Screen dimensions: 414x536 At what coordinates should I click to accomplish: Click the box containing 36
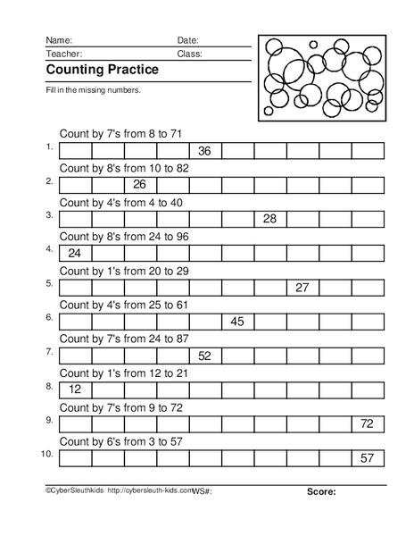(204, 150)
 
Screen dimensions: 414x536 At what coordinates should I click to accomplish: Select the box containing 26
(139, 184)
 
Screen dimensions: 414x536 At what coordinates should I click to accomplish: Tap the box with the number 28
(269, 219)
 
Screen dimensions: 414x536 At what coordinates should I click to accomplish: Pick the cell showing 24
(74, 253)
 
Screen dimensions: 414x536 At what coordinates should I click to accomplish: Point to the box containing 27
(302, 287)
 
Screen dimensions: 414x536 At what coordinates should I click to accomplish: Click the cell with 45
(237, 321)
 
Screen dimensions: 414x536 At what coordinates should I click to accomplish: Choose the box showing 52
(204, 356)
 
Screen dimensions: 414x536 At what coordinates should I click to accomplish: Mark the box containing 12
(74, 389)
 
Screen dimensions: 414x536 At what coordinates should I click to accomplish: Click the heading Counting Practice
(102, 69)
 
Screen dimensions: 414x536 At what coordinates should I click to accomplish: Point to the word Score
(321, 491)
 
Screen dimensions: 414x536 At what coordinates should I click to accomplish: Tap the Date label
(187, 40)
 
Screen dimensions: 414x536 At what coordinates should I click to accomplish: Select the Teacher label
(63, 54)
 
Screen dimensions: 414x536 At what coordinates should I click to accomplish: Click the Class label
(189, 54)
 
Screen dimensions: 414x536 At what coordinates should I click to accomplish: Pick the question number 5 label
(49, 283)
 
